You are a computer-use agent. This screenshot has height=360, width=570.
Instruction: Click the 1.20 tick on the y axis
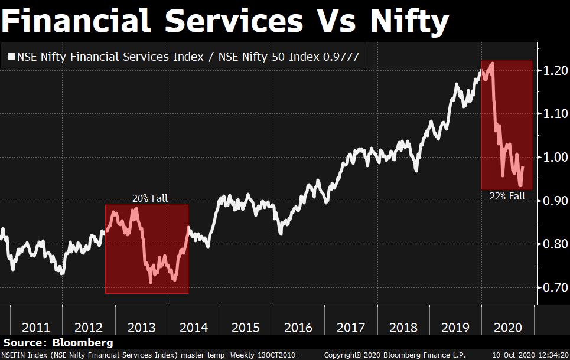pos(555,71)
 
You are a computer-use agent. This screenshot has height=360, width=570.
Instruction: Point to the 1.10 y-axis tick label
pos(555,114)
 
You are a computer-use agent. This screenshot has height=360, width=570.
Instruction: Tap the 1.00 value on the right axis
pos(555,158)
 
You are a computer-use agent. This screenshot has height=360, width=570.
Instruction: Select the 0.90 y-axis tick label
pos(555,201)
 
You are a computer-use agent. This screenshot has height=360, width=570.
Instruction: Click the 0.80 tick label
pos(555,244)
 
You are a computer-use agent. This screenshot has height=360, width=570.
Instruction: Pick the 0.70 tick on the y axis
pos(555,288)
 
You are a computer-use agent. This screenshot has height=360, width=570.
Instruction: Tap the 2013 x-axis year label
pos(142,328)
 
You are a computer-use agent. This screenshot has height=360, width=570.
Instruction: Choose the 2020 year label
pos(507,328)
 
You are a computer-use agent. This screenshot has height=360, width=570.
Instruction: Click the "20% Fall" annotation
pos(149,198)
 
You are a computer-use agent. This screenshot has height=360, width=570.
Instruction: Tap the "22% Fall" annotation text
pos(507,196)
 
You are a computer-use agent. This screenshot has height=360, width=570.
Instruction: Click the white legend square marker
pos(11,57)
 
